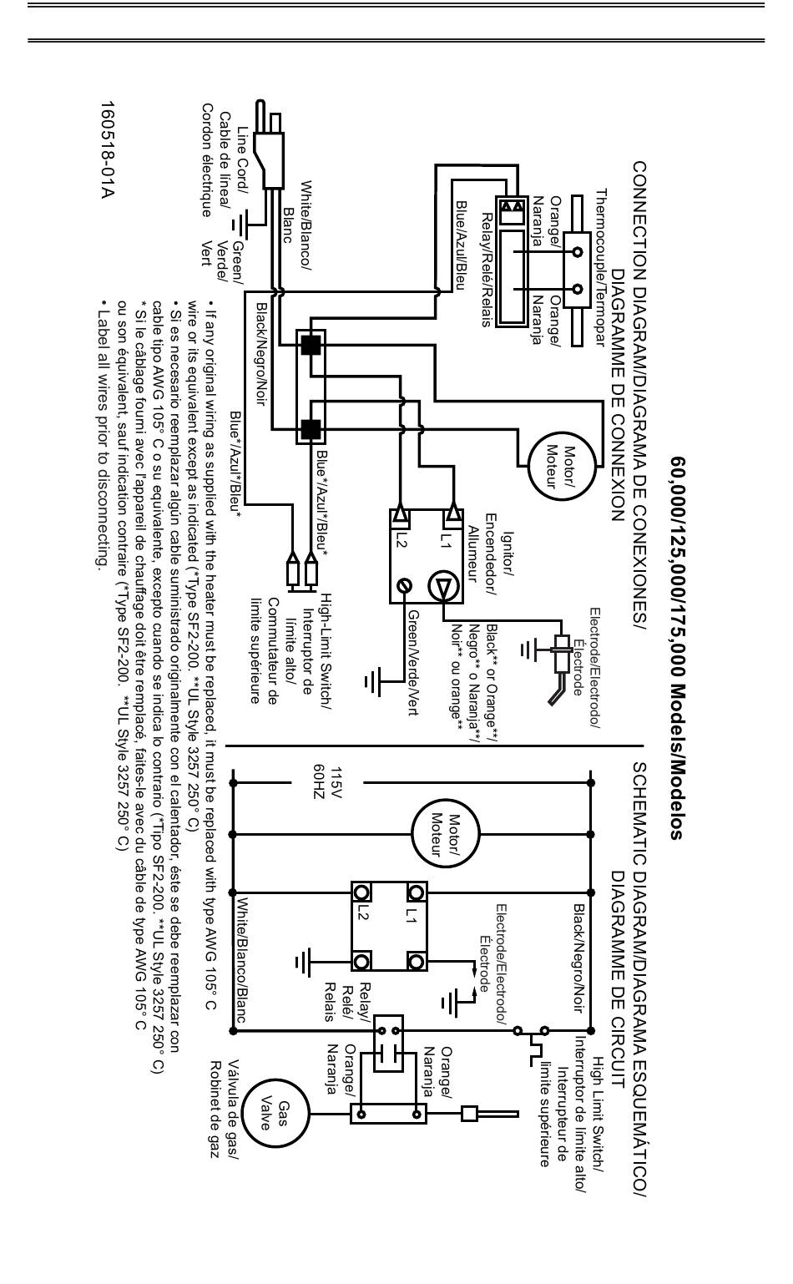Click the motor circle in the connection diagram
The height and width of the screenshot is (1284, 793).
pyautogui.click(x=562, y=466)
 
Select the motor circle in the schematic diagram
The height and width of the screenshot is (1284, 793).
pyautogui.click(x=446, y=834)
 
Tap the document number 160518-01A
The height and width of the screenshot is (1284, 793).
pyautogui.click(x=108, y=150)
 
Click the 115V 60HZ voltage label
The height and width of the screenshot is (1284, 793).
pyautogui.click(x=327, y=783)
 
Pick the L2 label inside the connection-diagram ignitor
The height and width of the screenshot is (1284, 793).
pyautogui.click(x=401, y=540)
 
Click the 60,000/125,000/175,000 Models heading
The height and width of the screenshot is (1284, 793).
pyautogui.click(x=677, y=648)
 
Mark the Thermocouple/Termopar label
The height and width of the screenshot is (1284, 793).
pyautogui.click(x=600, y=267)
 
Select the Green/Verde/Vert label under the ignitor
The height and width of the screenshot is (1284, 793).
pyautogui.click(x=412, y=662)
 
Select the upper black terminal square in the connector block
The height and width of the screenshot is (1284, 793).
pyautogui.click(x=311, y=345)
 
